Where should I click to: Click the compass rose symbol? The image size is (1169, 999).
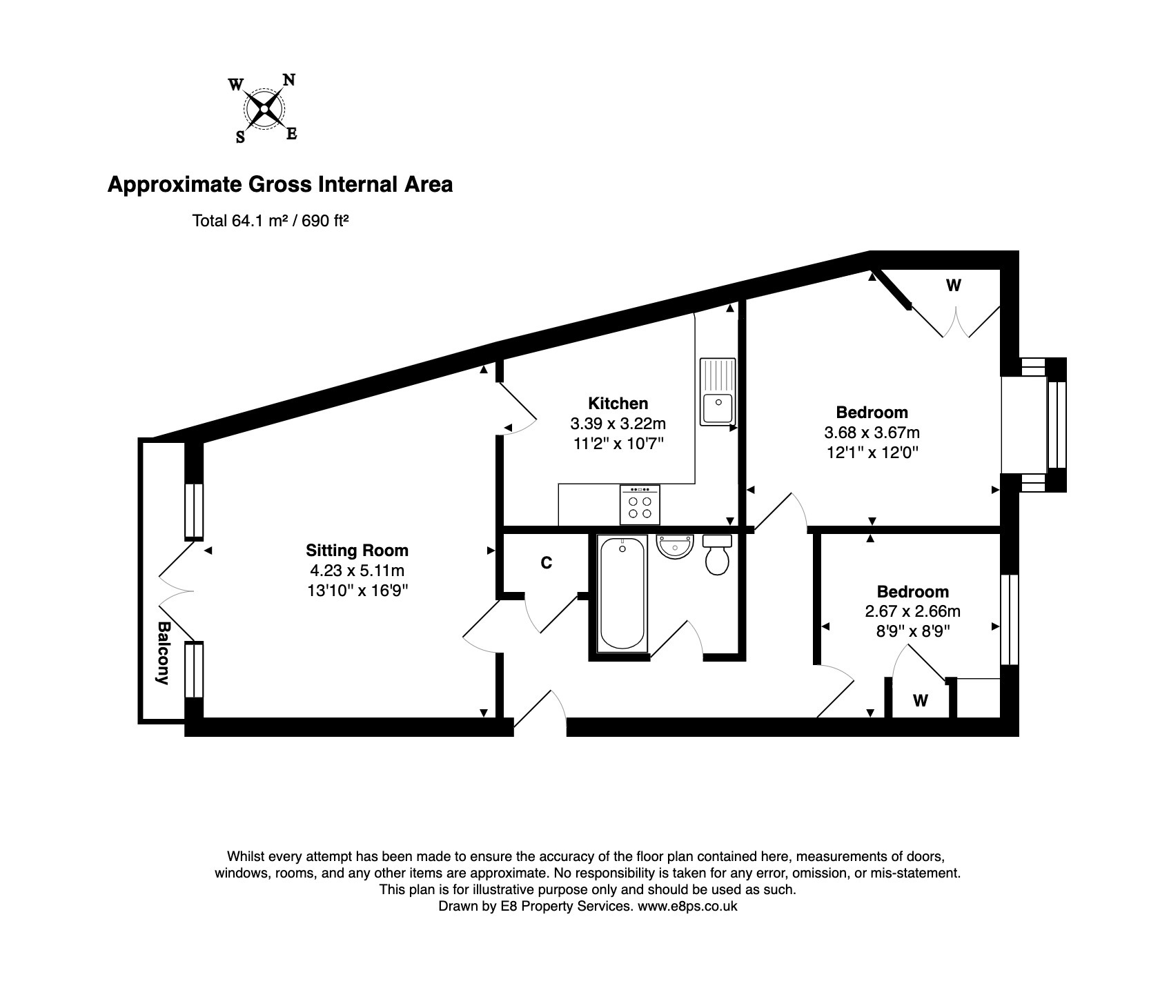pyautogui.click(x=264, y=109)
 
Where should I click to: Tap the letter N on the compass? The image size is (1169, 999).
pyautogui.click(x=289, y=80)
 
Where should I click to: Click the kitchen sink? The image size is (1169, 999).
pyautogui.click(x=718, y=391)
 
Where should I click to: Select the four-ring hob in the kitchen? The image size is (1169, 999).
pyautogui.click(x=640, y=504)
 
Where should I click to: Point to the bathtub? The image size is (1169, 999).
pyautogui.click(x=623, y=594)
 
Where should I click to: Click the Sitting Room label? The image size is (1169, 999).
pyautogui.click(x=357, y=551)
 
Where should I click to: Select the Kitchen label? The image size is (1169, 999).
pyautogui.click(x=618, y=403)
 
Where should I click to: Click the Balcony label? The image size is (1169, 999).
pyautogui.click(x=164, y=653)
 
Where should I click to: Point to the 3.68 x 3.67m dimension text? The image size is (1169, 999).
pyautogui.click(x=872, y=433)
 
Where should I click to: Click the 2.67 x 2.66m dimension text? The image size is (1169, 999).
pyautogui.click(x=913, y=611)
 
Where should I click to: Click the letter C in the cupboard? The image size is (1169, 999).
pyautogui.click(x=547, y=563)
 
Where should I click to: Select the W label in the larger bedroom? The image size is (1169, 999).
pyautogui.click(x=954, y=285)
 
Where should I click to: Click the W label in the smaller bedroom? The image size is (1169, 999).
pyautogui.click(x=921, y=701)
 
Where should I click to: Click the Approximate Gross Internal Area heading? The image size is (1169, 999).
pyautogui.click(x=280, y=185)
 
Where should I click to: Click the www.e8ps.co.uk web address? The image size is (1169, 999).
pyautogui.click(x=687, y=907)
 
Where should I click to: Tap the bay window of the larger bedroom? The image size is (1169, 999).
pyautogui.click(x=1034, y=424)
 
